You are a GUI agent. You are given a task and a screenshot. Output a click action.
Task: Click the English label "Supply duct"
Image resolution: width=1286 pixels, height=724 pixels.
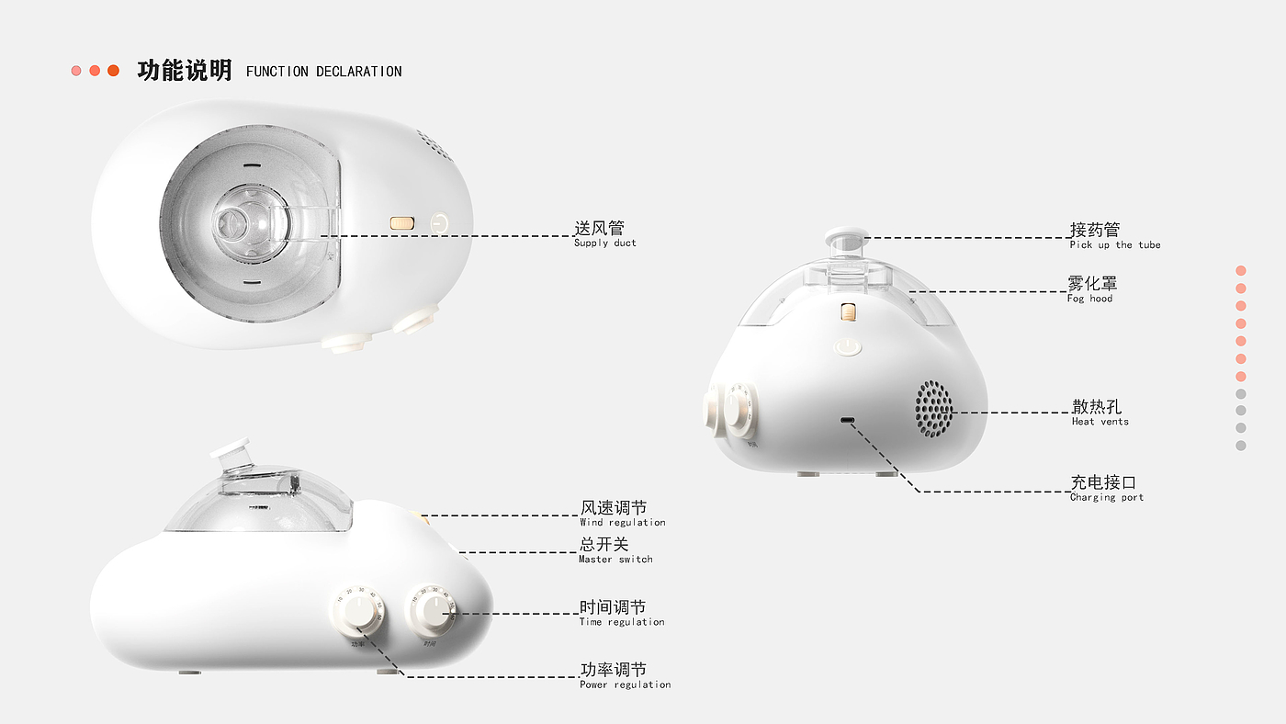tap(604, 243)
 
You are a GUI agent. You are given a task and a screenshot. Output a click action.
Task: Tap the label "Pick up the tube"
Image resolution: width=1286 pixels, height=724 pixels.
tap(1114, 245)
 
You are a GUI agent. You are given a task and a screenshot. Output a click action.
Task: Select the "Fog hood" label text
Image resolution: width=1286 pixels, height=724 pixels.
tap(1089, 299)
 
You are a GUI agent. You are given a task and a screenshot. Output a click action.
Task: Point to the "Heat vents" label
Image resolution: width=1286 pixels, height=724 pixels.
tap(1100, 422)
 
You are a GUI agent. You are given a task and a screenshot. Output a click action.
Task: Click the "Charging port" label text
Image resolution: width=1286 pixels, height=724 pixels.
tap(1106, 498)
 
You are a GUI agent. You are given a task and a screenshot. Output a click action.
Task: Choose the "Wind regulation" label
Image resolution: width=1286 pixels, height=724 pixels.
tap(622, 523)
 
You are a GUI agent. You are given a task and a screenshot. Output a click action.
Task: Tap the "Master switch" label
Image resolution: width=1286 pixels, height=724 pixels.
tap(615, 560)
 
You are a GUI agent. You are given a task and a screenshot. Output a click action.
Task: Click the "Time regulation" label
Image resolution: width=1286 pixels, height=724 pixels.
tap(621, 622)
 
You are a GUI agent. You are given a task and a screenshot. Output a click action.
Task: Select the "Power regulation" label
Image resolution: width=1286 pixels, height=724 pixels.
tap(625, 684)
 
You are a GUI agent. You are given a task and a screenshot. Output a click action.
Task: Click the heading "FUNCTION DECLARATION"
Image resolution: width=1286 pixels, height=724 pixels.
tap(323, 72)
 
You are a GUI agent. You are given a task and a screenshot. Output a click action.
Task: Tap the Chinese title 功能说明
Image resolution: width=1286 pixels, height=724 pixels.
tap(185, 71)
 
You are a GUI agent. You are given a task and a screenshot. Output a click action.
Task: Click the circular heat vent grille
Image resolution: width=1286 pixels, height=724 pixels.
tap(932, 409)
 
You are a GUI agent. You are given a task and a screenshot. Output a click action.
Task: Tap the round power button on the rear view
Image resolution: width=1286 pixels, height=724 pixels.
tap(847, 346)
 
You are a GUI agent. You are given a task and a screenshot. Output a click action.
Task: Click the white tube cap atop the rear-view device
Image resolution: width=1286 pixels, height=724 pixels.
tap(846, 236)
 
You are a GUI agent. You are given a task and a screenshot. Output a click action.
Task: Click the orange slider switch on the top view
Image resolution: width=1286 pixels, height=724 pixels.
tap(402, 222)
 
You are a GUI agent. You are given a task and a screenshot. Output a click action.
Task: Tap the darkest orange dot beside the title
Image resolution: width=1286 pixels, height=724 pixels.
tap(113, 71)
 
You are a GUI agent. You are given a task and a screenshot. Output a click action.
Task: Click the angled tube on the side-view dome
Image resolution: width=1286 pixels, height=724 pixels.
tap(232, 457)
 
